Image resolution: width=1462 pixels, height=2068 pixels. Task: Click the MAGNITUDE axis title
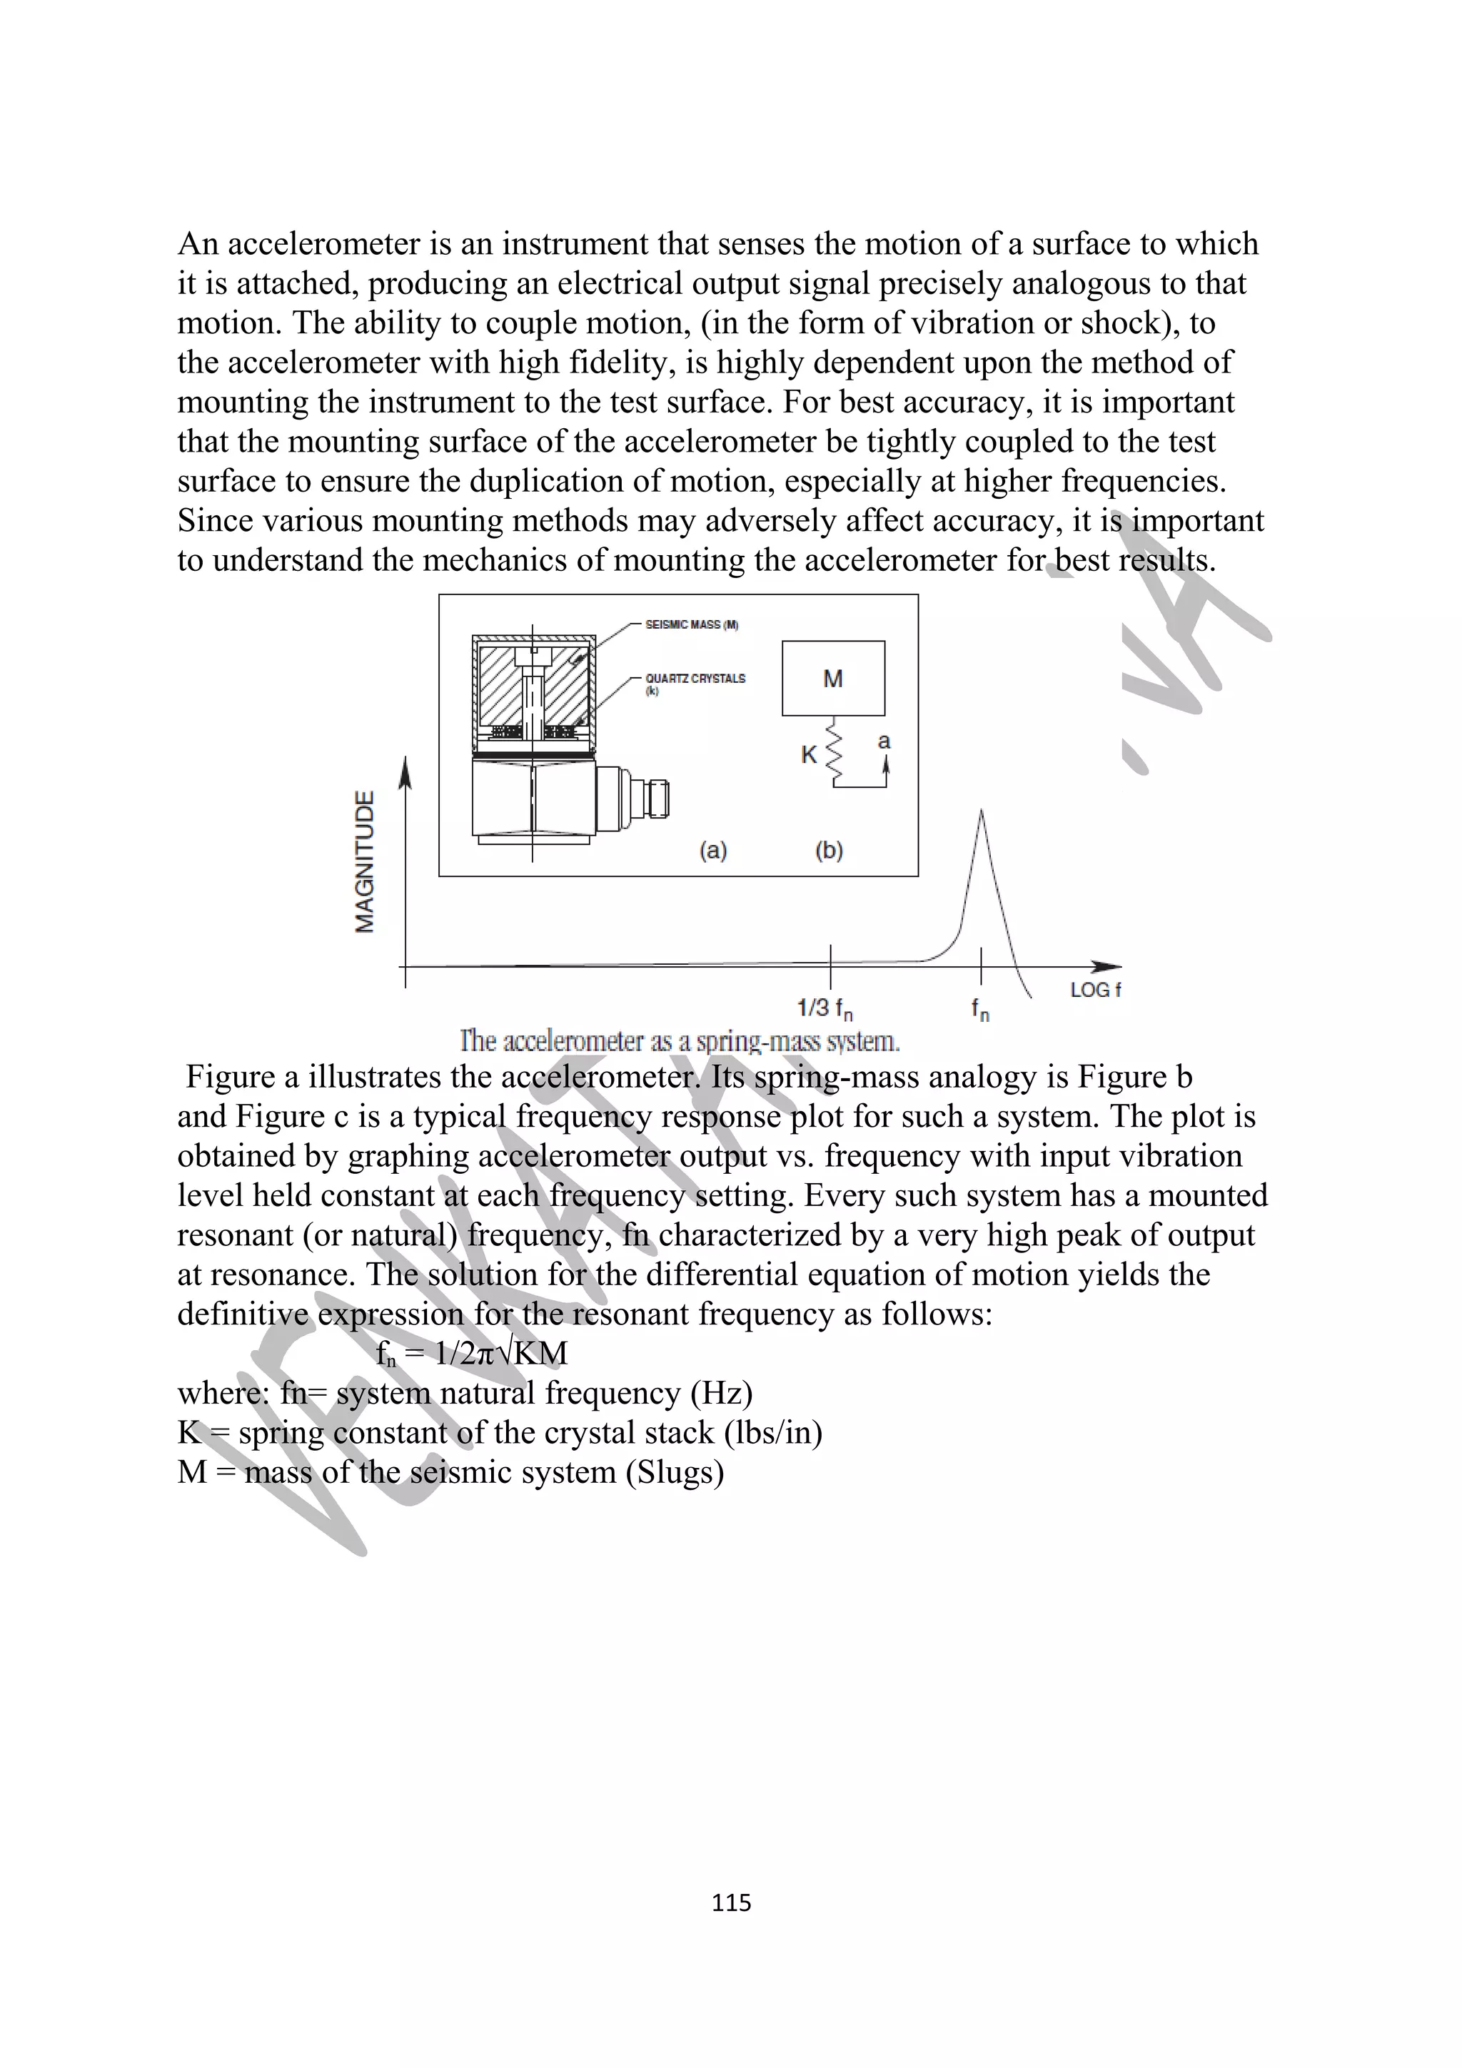(x=365, y=861)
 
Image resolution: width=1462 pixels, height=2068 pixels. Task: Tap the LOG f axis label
(x=1095, y=990)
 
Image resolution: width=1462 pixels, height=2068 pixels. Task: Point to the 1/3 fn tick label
(x=825, y=1009)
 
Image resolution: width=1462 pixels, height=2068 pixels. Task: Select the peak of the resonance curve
(x=981, y=813)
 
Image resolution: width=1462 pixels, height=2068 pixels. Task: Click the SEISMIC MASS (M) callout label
(x=692, y=624)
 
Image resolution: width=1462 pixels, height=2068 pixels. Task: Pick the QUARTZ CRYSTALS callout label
(x=695, y=678)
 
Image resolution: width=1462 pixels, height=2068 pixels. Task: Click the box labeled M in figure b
(x=833, y=678)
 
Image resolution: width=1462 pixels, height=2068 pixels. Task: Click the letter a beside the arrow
(x=884, y=741)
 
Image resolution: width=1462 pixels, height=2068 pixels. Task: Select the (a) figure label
(x=713, y=851)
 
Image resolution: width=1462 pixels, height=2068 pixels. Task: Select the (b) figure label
(x=829, y=851)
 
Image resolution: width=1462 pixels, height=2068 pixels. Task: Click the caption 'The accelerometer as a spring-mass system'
(x=680, y=1041)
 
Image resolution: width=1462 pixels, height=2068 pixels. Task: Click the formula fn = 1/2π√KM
(x=472, y=1354)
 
